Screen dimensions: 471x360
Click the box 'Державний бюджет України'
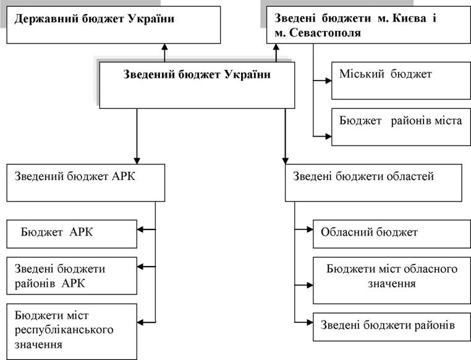pyautogui.click(x=114, y=25)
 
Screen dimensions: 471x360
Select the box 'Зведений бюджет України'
pyautogui.click(x=197, y=85)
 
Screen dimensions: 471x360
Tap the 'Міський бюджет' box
pyautogui.click(x=401, y=80)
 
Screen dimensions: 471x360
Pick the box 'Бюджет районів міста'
pyautogui.click(x=401, y=127)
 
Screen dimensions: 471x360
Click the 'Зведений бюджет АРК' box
pyautogui.click(x=86, y=182)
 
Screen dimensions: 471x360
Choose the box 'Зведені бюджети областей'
pyautogui.click(x=373, y=182)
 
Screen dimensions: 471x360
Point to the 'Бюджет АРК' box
pyautogui.click(x=72, y=234)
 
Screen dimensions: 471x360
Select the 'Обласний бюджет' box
pyautogui.click(x=392, y=234)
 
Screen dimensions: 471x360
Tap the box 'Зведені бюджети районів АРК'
pyautogui.click(x=72, y=276)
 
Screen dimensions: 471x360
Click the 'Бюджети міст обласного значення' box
pyautogui.click(x=392, y=281)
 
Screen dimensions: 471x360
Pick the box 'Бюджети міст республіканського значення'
pyautogui.click(x=72, y=332)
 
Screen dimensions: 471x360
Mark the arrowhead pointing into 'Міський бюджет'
pyautogui.click(x=328, y=80)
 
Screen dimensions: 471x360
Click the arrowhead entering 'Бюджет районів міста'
pyautogui.click(x=328, y=137)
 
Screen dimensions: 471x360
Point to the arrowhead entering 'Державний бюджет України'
pyautogui.click(x=164, y=47)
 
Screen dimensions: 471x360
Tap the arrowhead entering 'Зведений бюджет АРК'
pyautogui.click(x=137, y=161)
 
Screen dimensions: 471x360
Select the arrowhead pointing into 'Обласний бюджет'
pyautogui.click(x=310, y=229)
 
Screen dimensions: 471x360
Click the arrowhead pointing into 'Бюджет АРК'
pyautogui.click(x=140, y=229)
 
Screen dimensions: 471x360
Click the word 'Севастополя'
pyautogui.click(x=325, y=33)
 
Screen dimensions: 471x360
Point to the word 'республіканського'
pyautogui.click(x=64, y=330)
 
